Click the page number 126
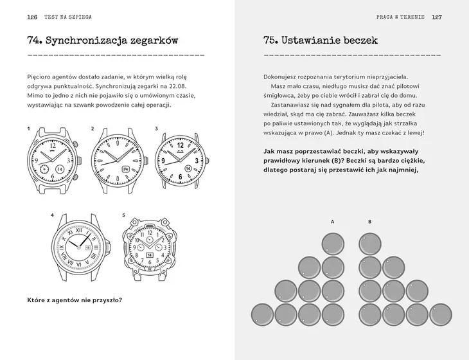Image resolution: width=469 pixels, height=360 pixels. pyautogui.click(x=33, y=17)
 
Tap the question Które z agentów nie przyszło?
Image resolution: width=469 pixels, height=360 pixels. pyautogui.click(x=75, y=300)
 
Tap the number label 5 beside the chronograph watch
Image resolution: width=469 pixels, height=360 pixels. pyautogui.click(x=123, y=214)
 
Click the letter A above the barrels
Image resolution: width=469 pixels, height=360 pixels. pyautogui.click(x=332, y=221)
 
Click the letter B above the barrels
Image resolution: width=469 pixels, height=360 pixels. pyautogui.click(x=369, y=221)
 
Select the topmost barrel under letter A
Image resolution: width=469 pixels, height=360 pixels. pyautogui.click(x=332, y=243)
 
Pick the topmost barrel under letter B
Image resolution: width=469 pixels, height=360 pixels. pyautogui.click(x=369, y=243)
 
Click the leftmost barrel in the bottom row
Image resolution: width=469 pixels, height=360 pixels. pyautogui.click(x=262, y=313)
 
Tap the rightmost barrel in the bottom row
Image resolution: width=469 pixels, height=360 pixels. pyautogui.click(x=439, y=313)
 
